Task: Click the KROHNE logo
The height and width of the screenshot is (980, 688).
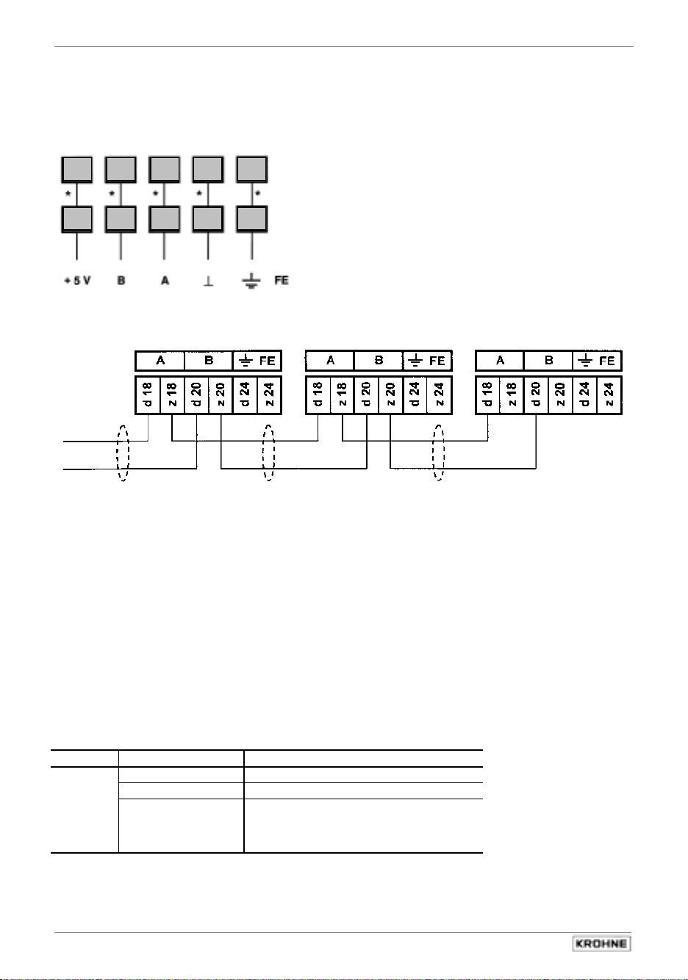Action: click(601, 943)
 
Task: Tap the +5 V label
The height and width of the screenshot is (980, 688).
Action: click(76, 281)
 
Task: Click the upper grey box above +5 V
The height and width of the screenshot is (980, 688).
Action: click(76, 170)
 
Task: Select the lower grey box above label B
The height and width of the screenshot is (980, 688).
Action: click(120, 219)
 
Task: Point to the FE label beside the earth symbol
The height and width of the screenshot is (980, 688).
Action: click(282, 281)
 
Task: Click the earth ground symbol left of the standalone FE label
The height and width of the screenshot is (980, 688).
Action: click(251, 281)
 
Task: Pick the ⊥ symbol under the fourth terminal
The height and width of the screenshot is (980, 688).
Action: click(209, 281)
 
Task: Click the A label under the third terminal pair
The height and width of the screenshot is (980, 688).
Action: click(165, 281)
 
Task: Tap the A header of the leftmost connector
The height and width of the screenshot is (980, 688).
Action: click(160, 361)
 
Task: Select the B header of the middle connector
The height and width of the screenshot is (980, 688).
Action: click(379, 361)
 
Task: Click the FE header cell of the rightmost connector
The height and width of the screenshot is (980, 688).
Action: click(598, 361)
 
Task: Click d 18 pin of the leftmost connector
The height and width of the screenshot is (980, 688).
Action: click(148, 395)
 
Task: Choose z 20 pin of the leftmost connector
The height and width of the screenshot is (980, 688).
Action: click(221, 395)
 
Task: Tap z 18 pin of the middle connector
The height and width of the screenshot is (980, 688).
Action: click(342, 395)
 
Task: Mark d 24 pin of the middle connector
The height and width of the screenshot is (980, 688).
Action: click(415, 395)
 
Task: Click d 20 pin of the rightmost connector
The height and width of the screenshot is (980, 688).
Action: click(536, 395)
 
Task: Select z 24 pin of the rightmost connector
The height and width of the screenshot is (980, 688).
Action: click(609, 395)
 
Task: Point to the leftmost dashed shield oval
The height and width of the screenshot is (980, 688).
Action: click(123, 453)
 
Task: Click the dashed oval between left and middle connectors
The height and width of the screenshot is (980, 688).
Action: click(269, 453)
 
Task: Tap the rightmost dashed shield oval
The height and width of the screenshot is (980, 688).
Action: click(439, 453)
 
